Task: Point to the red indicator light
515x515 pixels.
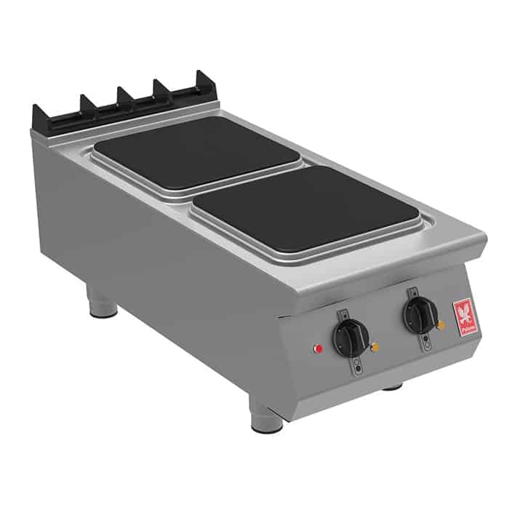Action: (x=318, y=348)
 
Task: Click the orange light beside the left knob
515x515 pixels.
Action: (x=375, y=348)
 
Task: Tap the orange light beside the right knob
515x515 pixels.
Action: (x=442, y=324)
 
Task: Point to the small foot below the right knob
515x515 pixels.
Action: (x=393, y=386)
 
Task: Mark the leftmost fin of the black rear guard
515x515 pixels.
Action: (x=38, y=115)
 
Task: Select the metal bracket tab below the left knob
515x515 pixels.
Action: (x=359, y=367)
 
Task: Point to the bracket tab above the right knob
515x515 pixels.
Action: (x=410, y=293)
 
